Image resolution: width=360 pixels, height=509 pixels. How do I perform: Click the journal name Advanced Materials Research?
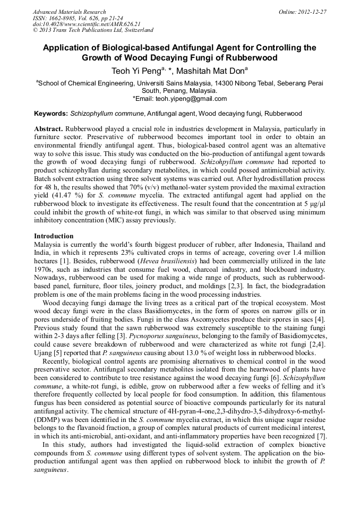(69, 12)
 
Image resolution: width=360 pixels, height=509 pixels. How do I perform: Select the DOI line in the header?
(87, 24)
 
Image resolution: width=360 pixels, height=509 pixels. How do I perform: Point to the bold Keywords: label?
(51, 114)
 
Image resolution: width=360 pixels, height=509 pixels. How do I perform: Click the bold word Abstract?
(48, 129)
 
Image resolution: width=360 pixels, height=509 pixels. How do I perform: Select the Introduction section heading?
(54, 236)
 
